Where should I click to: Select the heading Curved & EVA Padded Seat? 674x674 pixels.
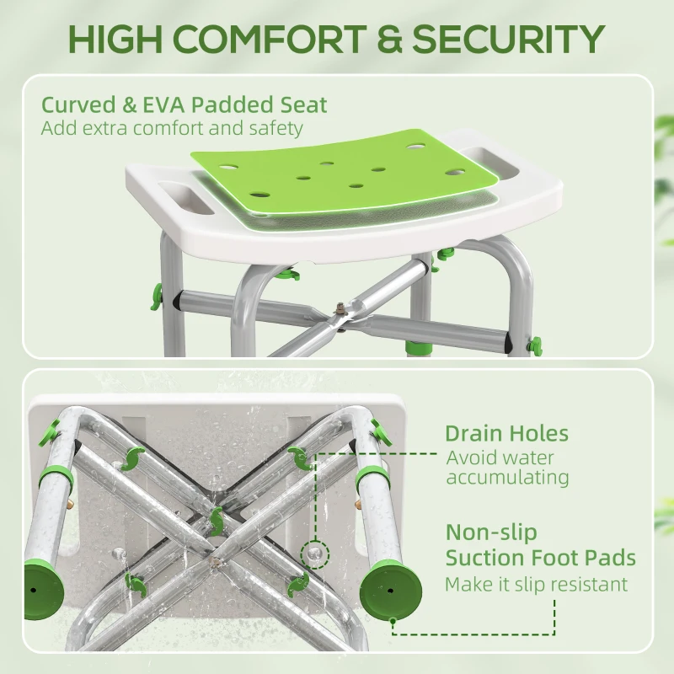184,105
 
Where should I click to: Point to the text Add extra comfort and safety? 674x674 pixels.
171,129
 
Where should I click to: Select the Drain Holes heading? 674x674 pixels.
506,434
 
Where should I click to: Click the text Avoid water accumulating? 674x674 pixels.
507,468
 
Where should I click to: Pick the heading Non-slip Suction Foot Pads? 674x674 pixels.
540,545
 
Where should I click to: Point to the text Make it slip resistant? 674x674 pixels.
536,584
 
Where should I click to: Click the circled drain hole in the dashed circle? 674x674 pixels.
314,551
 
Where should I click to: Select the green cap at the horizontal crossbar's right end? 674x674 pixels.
533,345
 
